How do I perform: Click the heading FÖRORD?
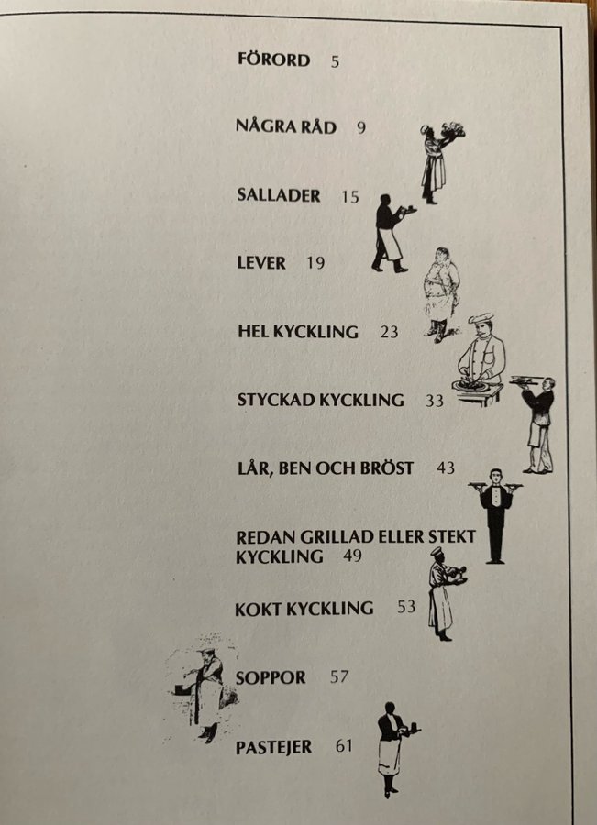click(x=274, y=60)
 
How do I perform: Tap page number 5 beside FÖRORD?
click(x=336, y=62)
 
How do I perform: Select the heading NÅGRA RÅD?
click(x=286, y=126)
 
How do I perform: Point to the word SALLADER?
click(x=279, y=195)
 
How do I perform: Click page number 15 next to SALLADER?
click(x=350, y=197)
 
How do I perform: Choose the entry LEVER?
click(x=261, y=262)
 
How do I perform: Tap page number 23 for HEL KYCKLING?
click(x=389, y=332)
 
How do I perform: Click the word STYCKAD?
click(x=276, y=400)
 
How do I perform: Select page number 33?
click(x=435, y=401)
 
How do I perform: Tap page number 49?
click(x=352, y=555)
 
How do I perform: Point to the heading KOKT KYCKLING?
click(x=304, y=609)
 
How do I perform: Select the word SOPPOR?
click(x=271, y=677)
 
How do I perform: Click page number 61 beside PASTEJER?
click(x=344, y=746)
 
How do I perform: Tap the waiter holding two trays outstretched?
click(x=495, y=515)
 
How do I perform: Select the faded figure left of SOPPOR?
click(x=203, y=687)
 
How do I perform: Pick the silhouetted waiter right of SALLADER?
click(x=392, y=233)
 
